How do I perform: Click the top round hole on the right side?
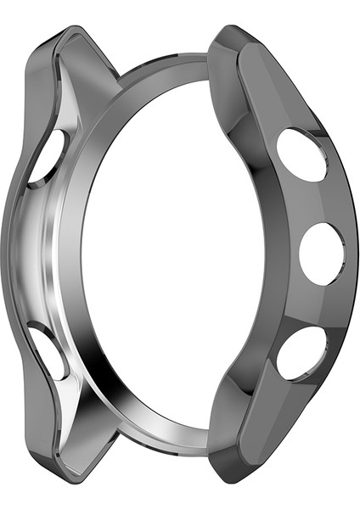point(301,154)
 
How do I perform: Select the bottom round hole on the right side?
point(301,351)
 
